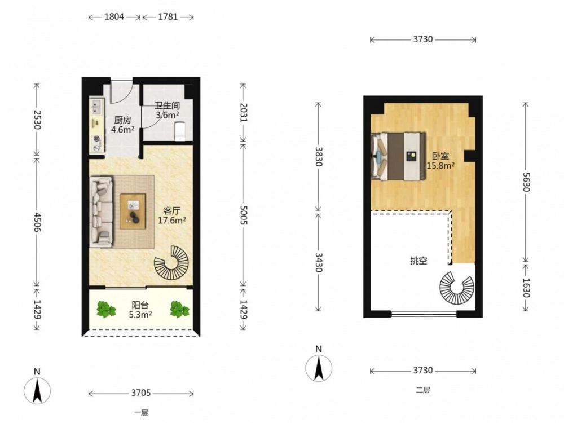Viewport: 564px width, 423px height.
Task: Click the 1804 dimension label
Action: pyautogui.click(x=114, y=16)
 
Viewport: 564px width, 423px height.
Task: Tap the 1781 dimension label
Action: pyautogui.click(x=168, y=16)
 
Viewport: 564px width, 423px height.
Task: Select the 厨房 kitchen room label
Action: pyautogui.click(x=122, y=120)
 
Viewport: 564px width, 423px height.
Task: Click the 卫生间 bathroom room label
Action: pyautogui.click(x=168, y=106)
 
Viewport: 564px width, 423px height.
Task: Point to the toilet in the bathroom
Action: pyautogui.click(x=179, y=131)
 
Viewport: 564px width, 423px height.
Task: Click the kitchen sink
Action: pyautogui.click(x=96, y=106)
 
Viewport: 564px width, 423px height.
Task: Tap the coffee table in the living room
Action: pyautogui.click(x=133, y=211)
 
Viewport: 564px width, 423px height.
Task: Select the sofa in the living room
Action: pyautogui.click(x=102, y=211)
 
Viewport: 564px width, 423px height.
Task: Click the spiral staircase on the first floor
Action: pyautogui.click(x=171, y=263)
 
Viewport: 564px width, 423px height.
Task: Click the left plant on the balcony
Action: pyautogui.click(x=106, y=310)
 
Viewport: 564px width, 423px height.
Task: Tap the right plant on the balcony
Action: pyautogui.click(x=179, y=310)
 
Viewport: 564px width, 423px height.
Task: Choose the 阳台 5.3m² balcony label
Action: pyautogui.click(x=140, y=310)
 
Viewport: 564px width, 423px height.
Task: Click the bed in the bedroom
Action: pyautogui.click(x=398, y=156)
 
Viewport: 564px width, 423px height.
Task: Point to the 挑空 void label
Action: pyautogui.click(x=418, y=261)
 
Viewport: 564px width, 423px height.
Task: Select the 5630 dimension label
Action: pyautogui.click(x=526, y=182)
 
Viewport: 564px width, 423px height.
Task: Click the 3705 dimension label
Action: pyautogui.click(x=140, y=393)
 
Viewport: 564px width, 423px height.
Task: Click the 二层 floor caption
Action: pyautogui.click(x=423, y=390)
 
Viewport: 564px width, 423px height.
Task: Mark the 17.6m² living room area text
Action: pyautogui.click(x=172, y=221)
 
